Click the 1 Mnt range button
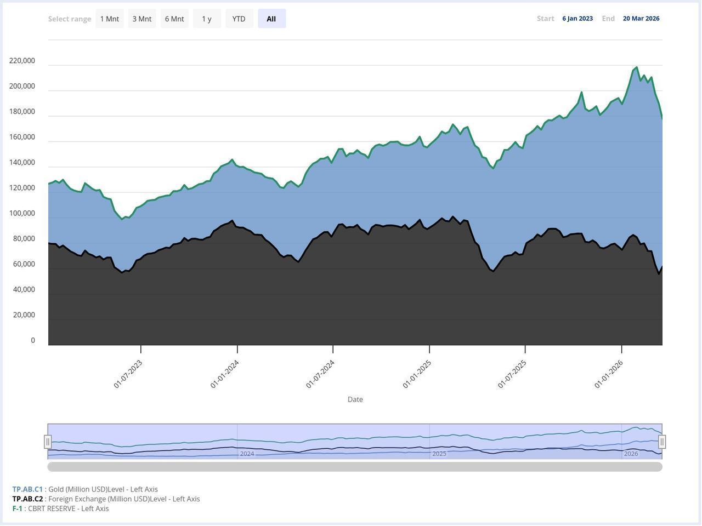(x=110, y=19)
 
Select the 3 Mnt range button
(x=142, y=19)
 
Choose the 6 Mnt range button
(x=174, y=19)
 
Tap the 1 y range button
(x=207, y=19)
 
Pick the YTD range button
(x=239, y=19)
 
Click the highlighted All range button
(x=271, y=19)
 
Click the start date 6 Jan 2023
(x=578, y=19)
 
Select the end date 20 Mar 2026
(x=641, y=19)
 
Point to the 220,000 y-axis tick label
(x=22, y=61)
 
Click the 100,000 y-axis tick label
(x=22, y=213)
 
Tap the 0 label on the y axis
(x=33, y=340)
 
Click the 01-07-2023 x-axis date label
(x=128, y=374)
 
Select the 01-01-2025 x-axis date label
(x=417, y=374)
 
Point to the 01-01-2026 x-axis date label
(x=609, y=374)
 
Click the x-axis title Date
(x=355, y=399)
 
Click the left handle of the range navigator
(x=48, y=442)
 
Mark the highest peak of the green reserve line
(x=636, y=67)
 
